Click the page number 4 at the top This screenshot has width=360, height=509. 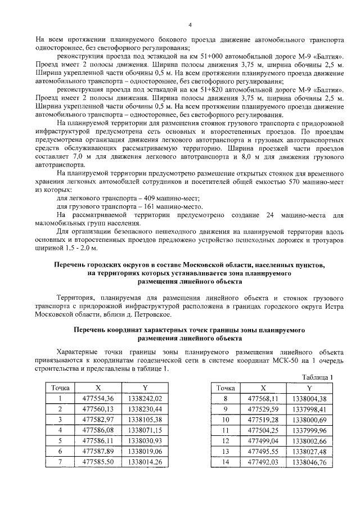(x=190, y=25)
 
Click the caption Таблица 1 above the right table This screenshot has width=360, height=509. (x=318, y=377)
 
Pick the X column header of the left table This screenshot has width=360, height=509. (x=98, y=388)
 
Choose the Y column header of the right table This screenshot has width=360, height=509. (x=309, y=388)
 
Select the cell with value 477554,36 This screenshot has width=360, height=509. (x=98, y=399)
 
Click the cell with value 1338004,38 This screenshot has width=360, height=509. (x=309, y=399)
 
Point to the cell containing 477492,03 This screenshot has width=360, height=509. (x=263, y=462)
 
